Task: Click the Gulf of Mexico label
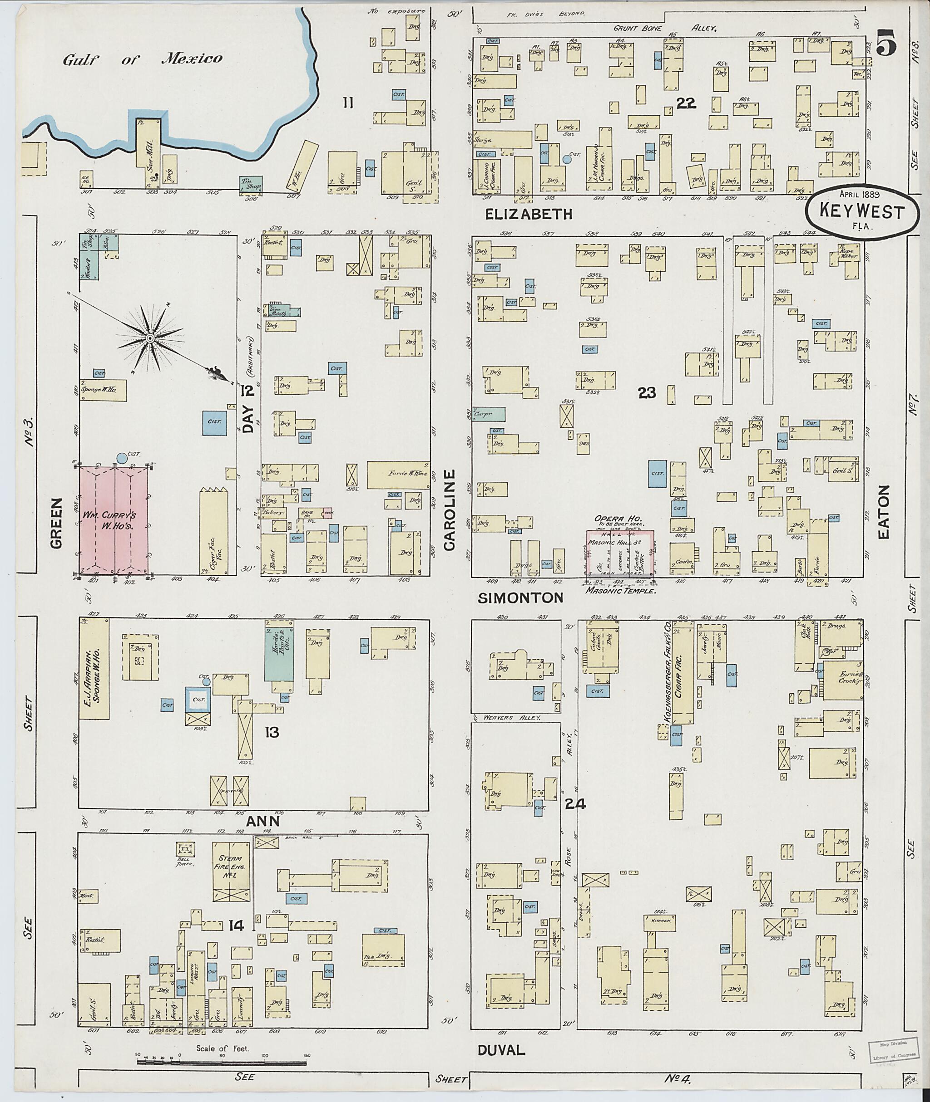pos(142,59)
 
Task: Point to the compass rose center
pos(150,338)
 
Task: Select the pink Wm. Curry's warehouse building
pos(114,519)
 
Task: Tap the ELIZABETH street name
pos(529,214)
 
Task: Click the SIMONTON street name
pos(521,597)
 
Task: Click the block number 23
pos(647,392)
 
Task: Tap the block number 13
pos(272,732)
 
